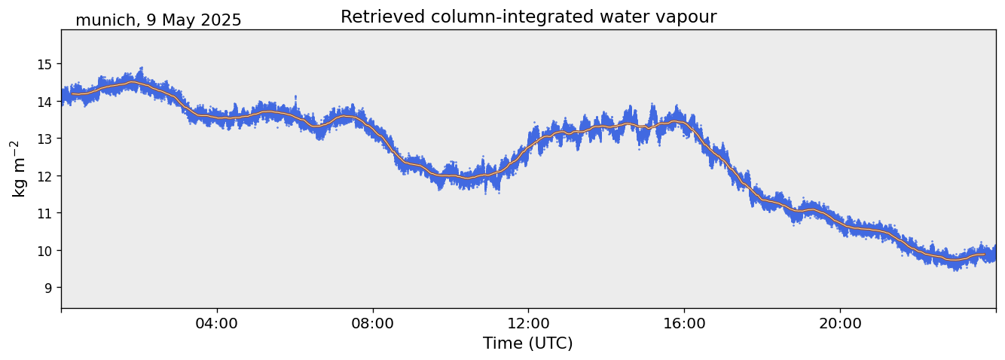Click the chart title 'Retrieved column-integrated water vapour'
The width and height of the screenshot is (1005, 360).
(x=528, y=17)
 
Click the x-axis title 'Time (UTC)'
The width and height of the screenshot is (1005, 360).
(x=528, y=343)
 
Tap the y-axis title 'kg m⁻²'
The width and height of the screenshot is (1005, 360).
(x=18, y=169)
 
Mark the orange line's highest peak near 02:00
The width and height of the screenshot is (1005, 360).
(x=133, y=83)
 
